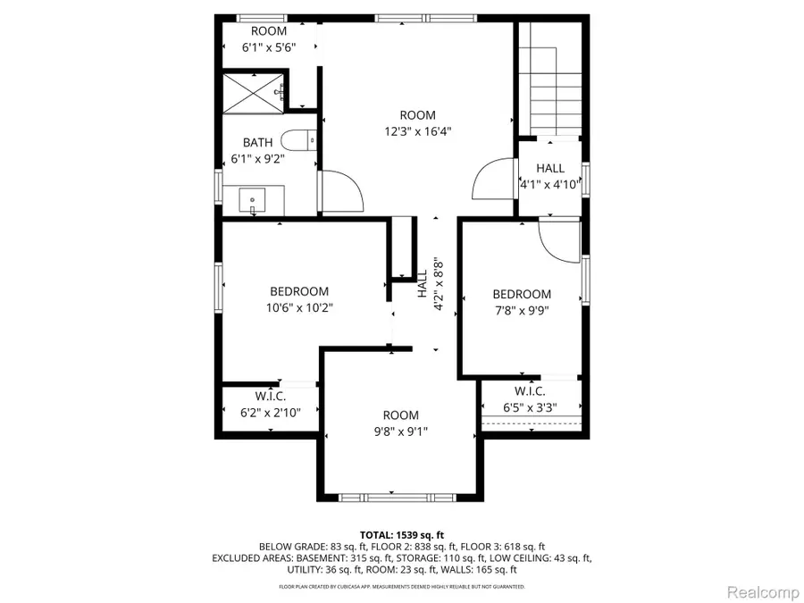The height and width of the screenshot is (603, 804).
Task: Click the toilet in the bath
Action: pos(298,141)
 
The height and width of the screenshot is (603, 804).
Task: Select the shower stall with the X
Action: pos(252,92)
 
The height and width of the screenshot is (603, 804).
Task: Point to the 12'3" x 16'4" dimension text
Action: pos(417,131)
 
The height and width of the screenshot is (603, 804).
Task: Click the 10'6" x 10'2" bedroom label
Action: pos(299,307)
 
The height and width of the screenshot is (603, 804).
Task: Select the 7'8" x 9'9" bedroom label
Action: pos(522,311)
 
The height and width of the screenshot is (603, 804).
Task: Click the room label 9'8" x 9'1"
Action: pos(401,431)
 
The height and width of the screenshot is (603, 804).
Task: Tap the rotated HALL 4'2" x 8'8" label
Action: pos(430,285)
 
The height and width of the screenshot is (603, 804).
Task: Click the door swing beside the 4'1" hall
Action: pos(492,182)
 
